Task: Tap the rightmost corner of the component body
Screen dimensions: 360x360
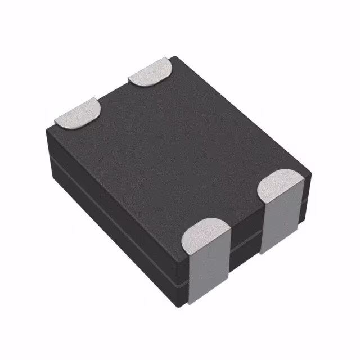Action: click(x=310, y=169)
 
